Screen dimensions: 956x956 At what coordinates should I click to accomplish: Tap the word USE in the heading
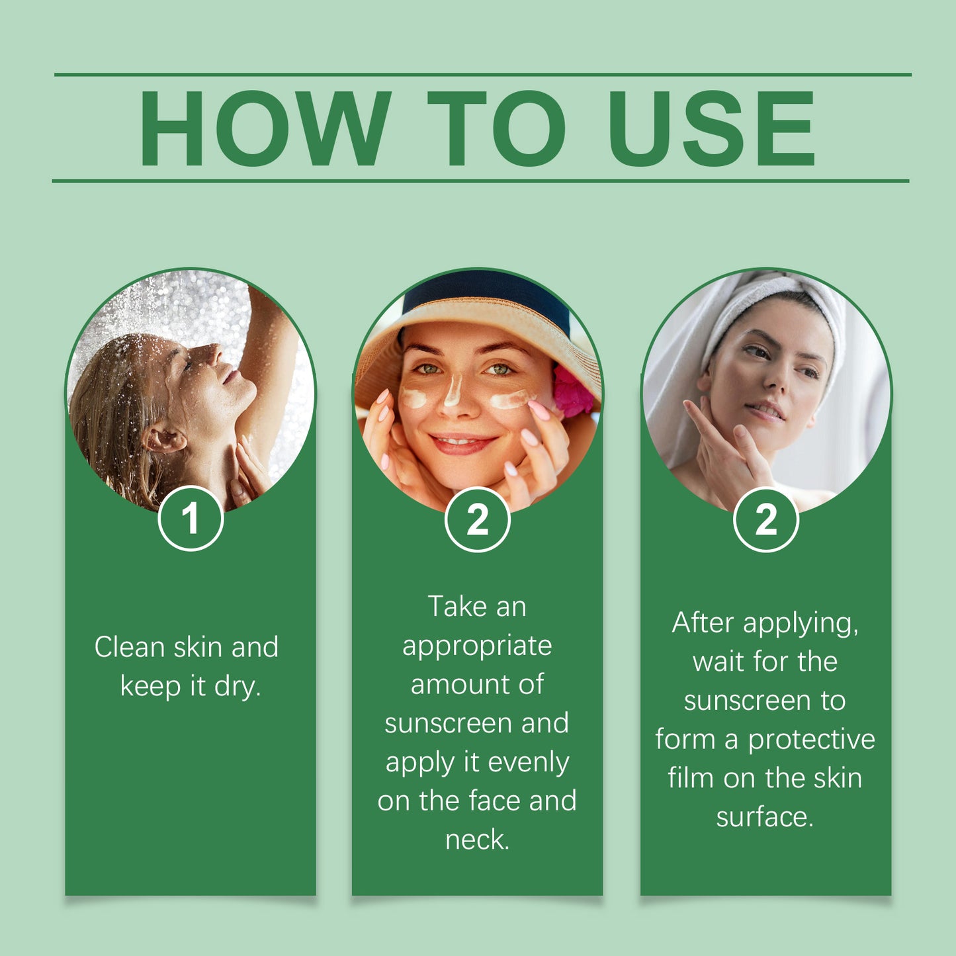pyautogui.click(x=711, y=128)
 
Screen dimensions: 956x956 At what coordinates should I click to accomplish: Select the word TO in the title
pyautogui.click(x=496, y=128)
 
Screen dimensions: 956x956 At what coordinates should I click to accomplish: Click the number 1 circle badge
pyautogui.click(x=191, y=518)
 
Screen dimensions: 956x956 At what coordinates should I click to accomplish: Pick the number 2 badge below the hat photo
pyautogui.click(x=477, y=519)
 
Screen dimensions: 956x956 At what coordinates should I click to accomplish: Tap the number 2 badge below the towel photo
pyautogui.click(x=765, y=519)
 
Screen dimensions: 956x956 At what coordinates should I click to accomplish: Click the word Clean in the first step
pyautogui.click(x=129, y=647)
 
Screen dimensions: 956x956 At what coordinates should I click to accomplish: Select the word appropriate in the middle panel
pyautogui.click(x=477, y=646)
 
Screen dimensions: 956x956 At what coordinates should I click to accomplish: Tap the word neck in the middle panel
pyautogui.click(x=475, y=840)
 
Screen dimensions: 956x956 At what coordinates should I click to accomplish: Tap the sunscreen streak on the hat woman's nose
pyautogui.click(x=453, y=390)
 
